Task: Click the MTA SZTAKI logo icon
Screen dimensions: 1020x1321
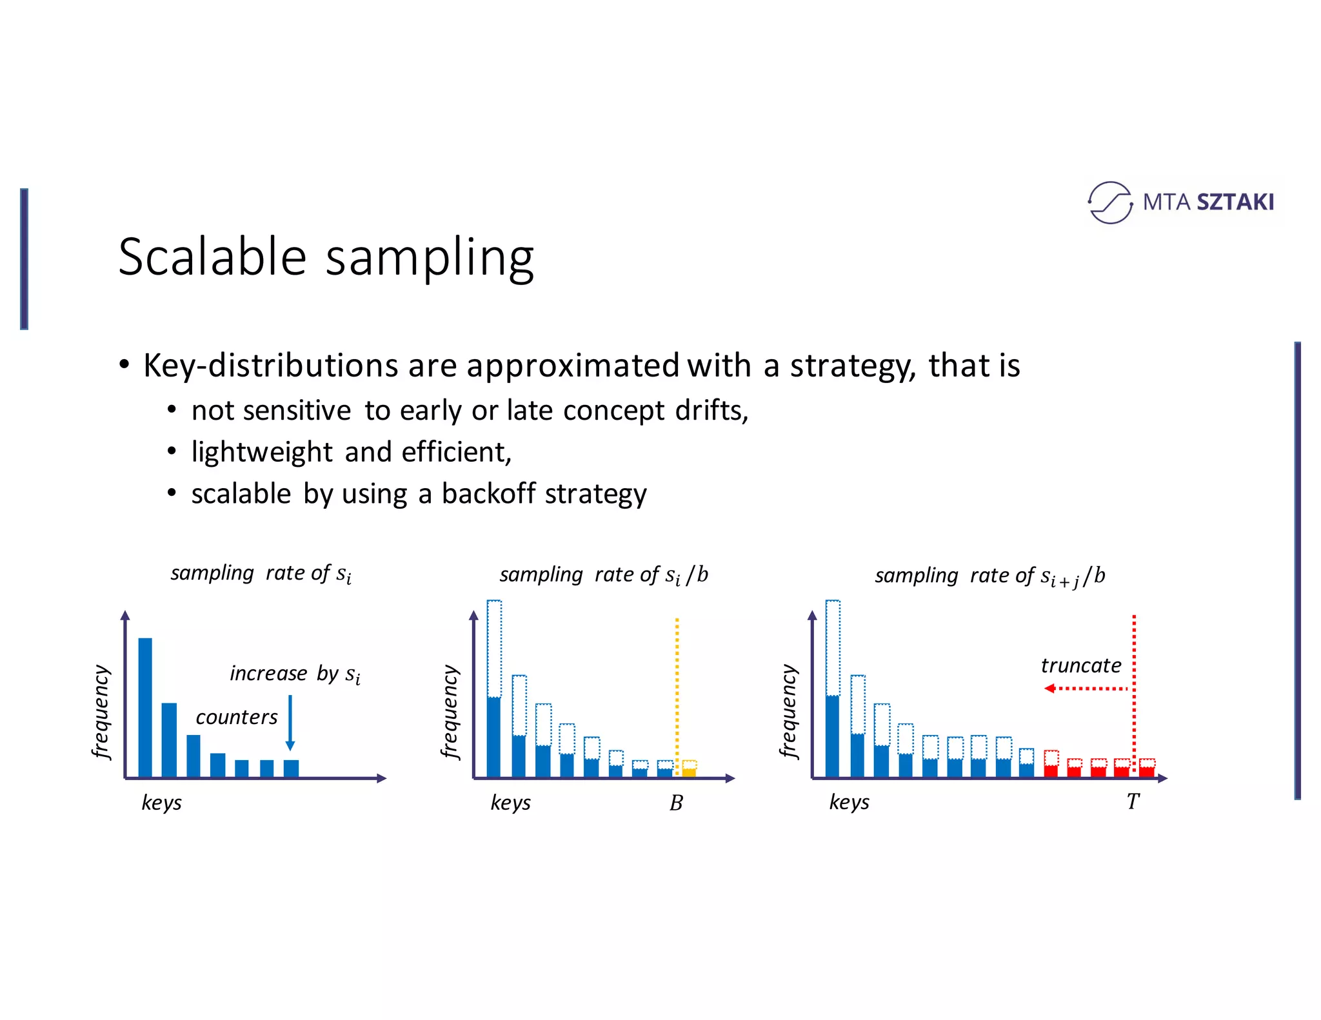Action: coord(1109,202)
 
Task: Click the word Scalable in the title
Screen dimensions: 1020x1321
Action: coord(212,257)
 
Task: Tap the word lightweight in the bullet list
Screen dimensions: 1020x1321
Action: coord(262,452)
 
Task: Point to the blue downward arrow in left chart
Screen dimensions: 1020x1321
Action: coord(290,722)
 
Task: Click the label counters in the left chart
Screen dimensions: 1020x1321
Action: coord(237,717)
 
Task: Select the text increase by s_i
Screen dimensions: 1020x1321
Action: coord(295,674)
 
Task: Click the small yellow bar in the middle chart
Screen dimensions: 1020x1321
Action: coord(689,772)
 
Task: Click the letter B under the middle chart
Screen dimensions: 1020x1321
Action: coord(676,803)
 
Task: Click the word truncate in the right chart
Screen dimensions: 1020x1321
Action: coord(1081,665)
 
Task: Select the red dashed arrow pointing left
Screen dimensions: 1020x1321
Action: coord(1086,689)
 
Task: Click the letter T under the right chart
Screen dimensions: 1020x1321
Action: coord(1133,801)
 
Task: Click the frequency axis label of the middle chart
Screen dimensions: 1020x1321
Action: coord(450,712)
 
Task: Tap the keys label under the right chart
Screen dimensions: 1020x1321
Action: coord(849,802)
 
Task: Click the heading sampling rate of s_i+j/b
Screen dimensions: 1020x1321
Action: coord(989,576)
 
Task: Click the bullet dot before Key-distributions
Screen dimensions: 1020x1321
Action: coord(124,364)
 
